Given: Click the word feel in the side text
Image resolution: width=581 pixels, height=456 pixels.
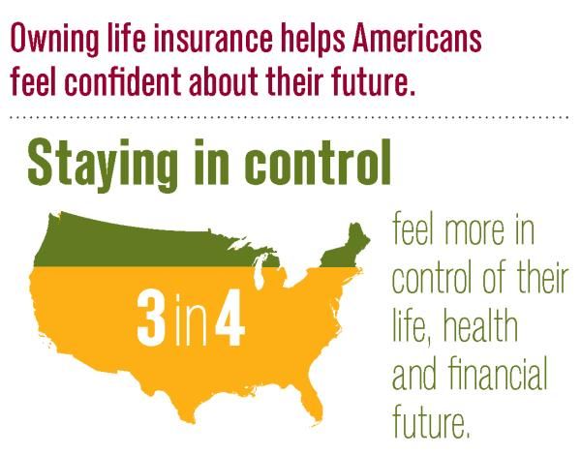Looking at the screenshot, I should point(413,233).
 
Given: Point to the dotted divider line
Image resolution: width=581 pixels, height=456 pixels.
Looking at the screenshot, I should point(290,115).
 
